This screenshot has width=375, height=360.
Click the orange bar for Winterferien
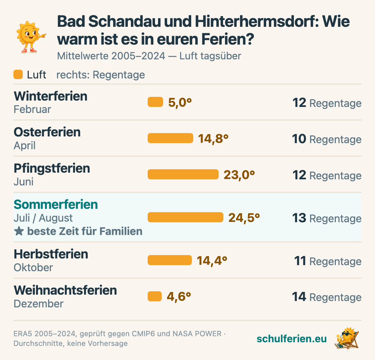tap(155, 102)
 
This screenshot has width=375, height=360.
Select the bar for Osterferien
tap(170, 138)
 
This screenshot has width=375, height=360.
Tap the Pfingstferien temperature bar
tap(183, 174)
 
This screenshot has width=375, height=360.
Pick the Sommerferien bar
tap(185, 217)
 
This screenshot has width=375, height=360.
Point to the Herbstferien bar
tap(169, 260)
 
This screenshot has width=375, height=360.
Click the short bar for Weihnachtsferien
tap(154, 296)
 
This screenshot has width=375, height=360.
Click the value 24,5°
tap(244, 218)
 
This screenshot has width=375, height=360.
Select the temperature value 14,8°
tap(213, 139)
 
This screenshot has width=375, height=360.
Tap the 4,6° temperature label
tap(179, 297)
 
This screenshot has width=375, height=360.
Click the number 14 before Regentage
tap(299, 297)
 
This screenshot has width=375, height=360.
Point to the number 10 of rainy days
tap(299, 139)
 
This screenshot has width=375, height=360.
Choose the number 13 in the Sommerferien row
tap(299, 218)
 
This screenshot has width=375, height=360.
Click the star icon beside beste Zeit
tap(19, 231)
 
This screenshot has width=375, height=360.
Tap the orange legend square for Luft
tap(18, 74)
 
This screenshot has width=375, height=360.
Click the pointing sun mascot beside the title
tap(30, 37)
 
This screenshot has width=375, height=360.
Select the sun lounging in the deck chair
tap(347, 339)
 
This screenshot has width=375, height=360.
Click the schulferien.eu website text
tap(292, 339)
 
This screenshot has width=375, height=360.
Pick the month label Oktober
tap(33, 267)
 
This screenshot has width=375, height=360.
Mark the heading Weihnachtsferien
tap(65, 290)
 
